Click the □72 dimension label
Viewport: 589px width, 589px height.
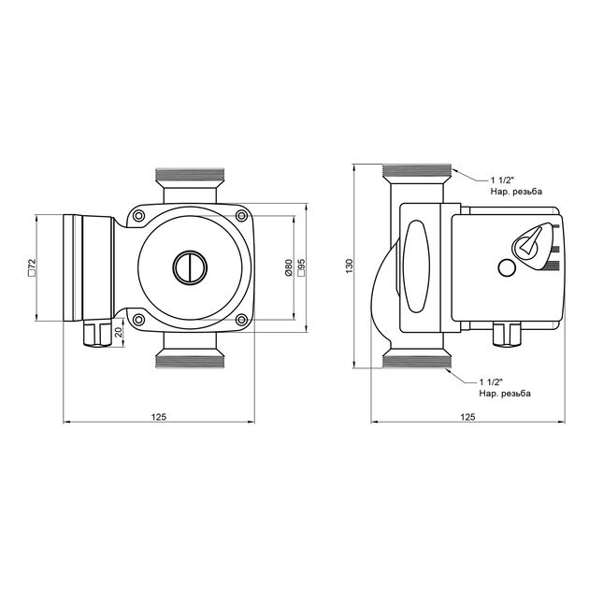33,267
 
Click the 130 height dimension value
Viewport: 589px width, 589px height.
350,266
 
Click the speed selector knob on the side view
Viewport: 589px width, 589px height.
530,242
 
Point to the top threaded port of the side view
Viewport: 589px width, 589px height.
418,173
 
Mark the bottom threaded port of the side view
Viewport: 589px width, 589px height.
418,361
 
